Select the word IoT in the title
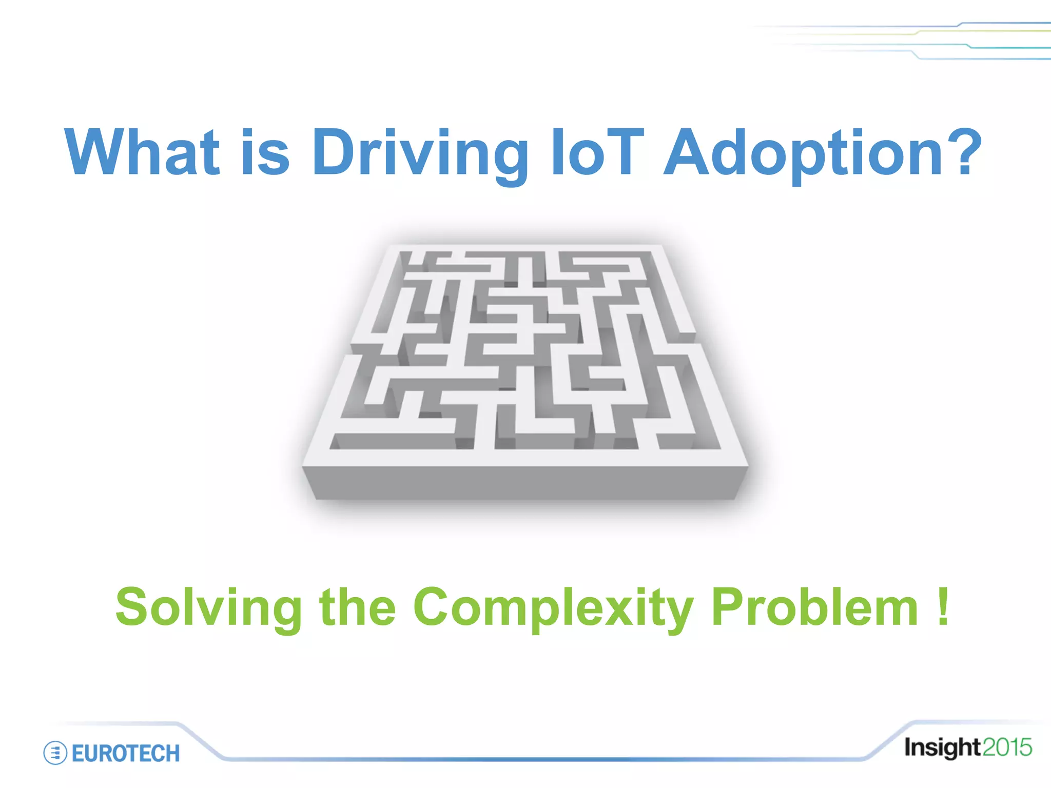tap(596, 152)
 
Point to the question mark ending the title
tap(965, 152)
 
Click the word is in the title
tap(265, 152)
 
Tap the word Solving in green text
tap(208, 607)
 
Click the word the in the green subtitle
tap(358, 607)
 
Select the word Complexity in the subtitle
tap(553, 607)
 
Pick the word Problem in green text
tap(814, 607)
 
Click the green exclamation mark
tap(943, 607)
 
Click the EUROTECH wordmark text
tap(126, 753)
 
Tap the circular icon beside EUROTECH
tap(55, 753)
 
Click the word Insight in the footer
tap(942, 747)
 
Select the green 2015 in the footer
tap(1007, 747)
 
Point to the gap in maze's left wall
tap(351, 349)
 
